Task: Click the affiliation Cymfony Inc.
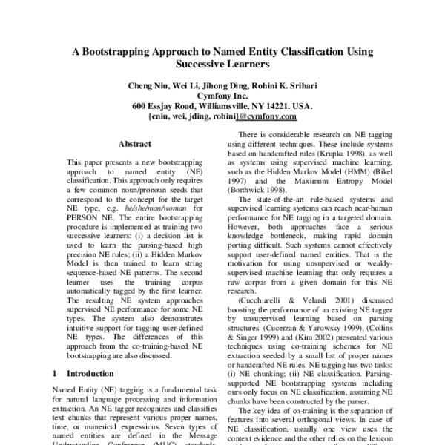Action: click(x=222, y=96)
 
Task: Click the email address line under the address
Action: click(x=222, y=116)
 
